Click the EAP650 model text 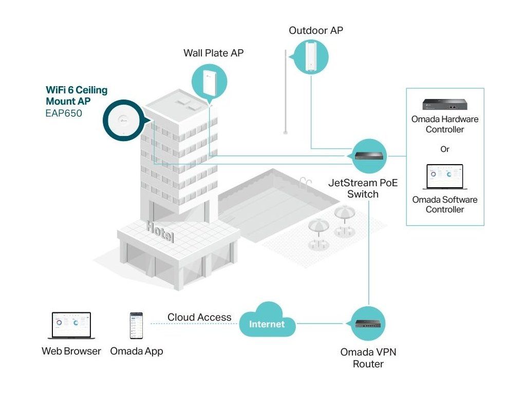[64, 113]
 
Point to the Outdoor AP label [316, 31]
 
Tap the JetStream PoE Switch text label [363, 188]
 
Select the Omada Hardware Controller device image [444, 104]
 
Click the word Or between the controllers [445, 149]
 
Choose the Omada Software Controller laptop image [445, 178]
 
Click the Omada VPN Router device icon [368, 324]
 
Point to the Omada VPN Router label [368, 358]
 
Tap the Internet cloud [267, 322]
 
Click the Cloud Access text [199, 318]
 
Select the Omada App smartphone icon [136, 325]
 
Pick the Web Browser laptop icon [71, 326]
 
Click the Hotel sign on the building [160, 232]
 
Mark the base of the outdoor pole [286, 132]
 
